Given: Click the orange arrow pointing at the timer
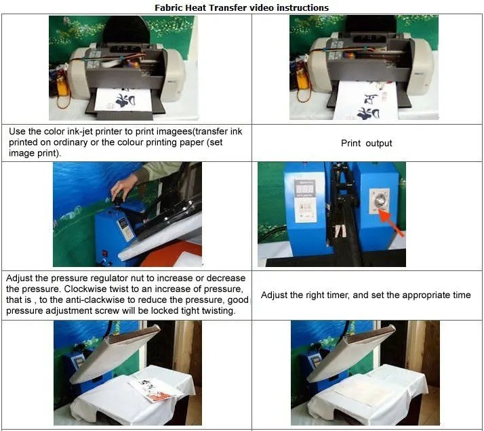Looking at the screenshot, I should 391,224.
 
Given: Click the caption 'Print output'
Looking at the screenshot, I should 366,143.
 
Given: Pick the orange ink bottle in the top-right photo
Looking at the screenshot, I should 302,81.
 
